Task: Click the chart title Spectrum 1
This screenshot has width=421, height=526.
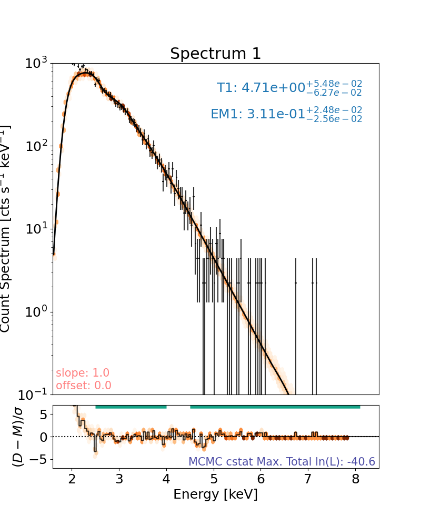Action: pos(215,54)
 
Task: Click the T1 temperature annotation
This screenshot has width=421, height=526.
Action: pos(289,87)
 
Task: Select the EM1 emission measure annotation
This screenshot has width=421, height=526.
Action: pos(286,114)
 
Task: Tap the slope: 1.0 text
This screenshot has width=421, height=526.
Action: pos(83,373)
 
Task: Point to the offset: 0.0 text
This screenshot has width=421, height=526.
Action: pos(84,386)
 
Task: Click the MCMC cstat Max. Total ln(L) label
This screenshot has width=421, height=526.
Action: pos(282,462)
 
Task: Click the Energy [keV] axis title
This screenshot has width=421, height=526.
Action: pos(215,494)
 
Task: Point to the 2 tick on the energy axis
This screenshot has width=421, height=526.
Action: pos(72,479)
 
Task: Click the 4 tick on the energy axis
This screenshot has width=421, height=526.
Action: pos(166,479)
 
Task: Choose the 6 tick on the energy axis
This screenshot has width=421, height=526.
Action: pos(261,479)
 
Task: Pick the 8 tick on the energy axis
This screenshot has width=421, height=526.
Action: pos(356,479)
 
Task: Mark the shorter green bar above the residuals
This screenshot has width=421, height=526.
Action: pos(131,407)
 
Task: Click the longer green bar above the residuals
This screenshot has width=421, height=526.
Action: pos(275,407)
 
